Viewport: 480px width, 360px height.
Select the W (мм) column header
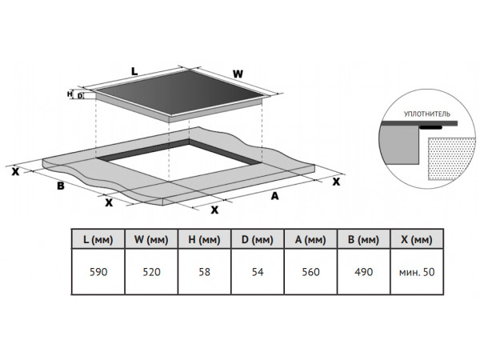coord(152,239)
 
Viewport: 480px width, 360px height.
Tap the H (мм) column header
coord(204,239)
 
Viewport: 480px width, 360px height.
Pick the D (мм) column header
coord(257,239)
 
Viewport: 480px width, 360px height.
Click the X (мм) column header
coord(416,239)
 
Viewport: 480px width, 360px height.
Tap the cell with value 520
coord(152,273)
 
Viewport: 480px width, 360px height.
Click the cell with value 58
coord(204,273)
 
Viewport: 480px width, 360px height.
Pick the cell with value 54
coord(257,273)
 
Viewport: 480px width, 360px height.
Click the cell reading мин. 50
coord(416,273)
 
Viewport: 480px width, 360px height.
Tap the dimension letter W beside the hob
coord(238,74)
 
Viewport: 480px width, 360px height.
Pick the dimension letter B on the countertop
coord(60,186)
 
